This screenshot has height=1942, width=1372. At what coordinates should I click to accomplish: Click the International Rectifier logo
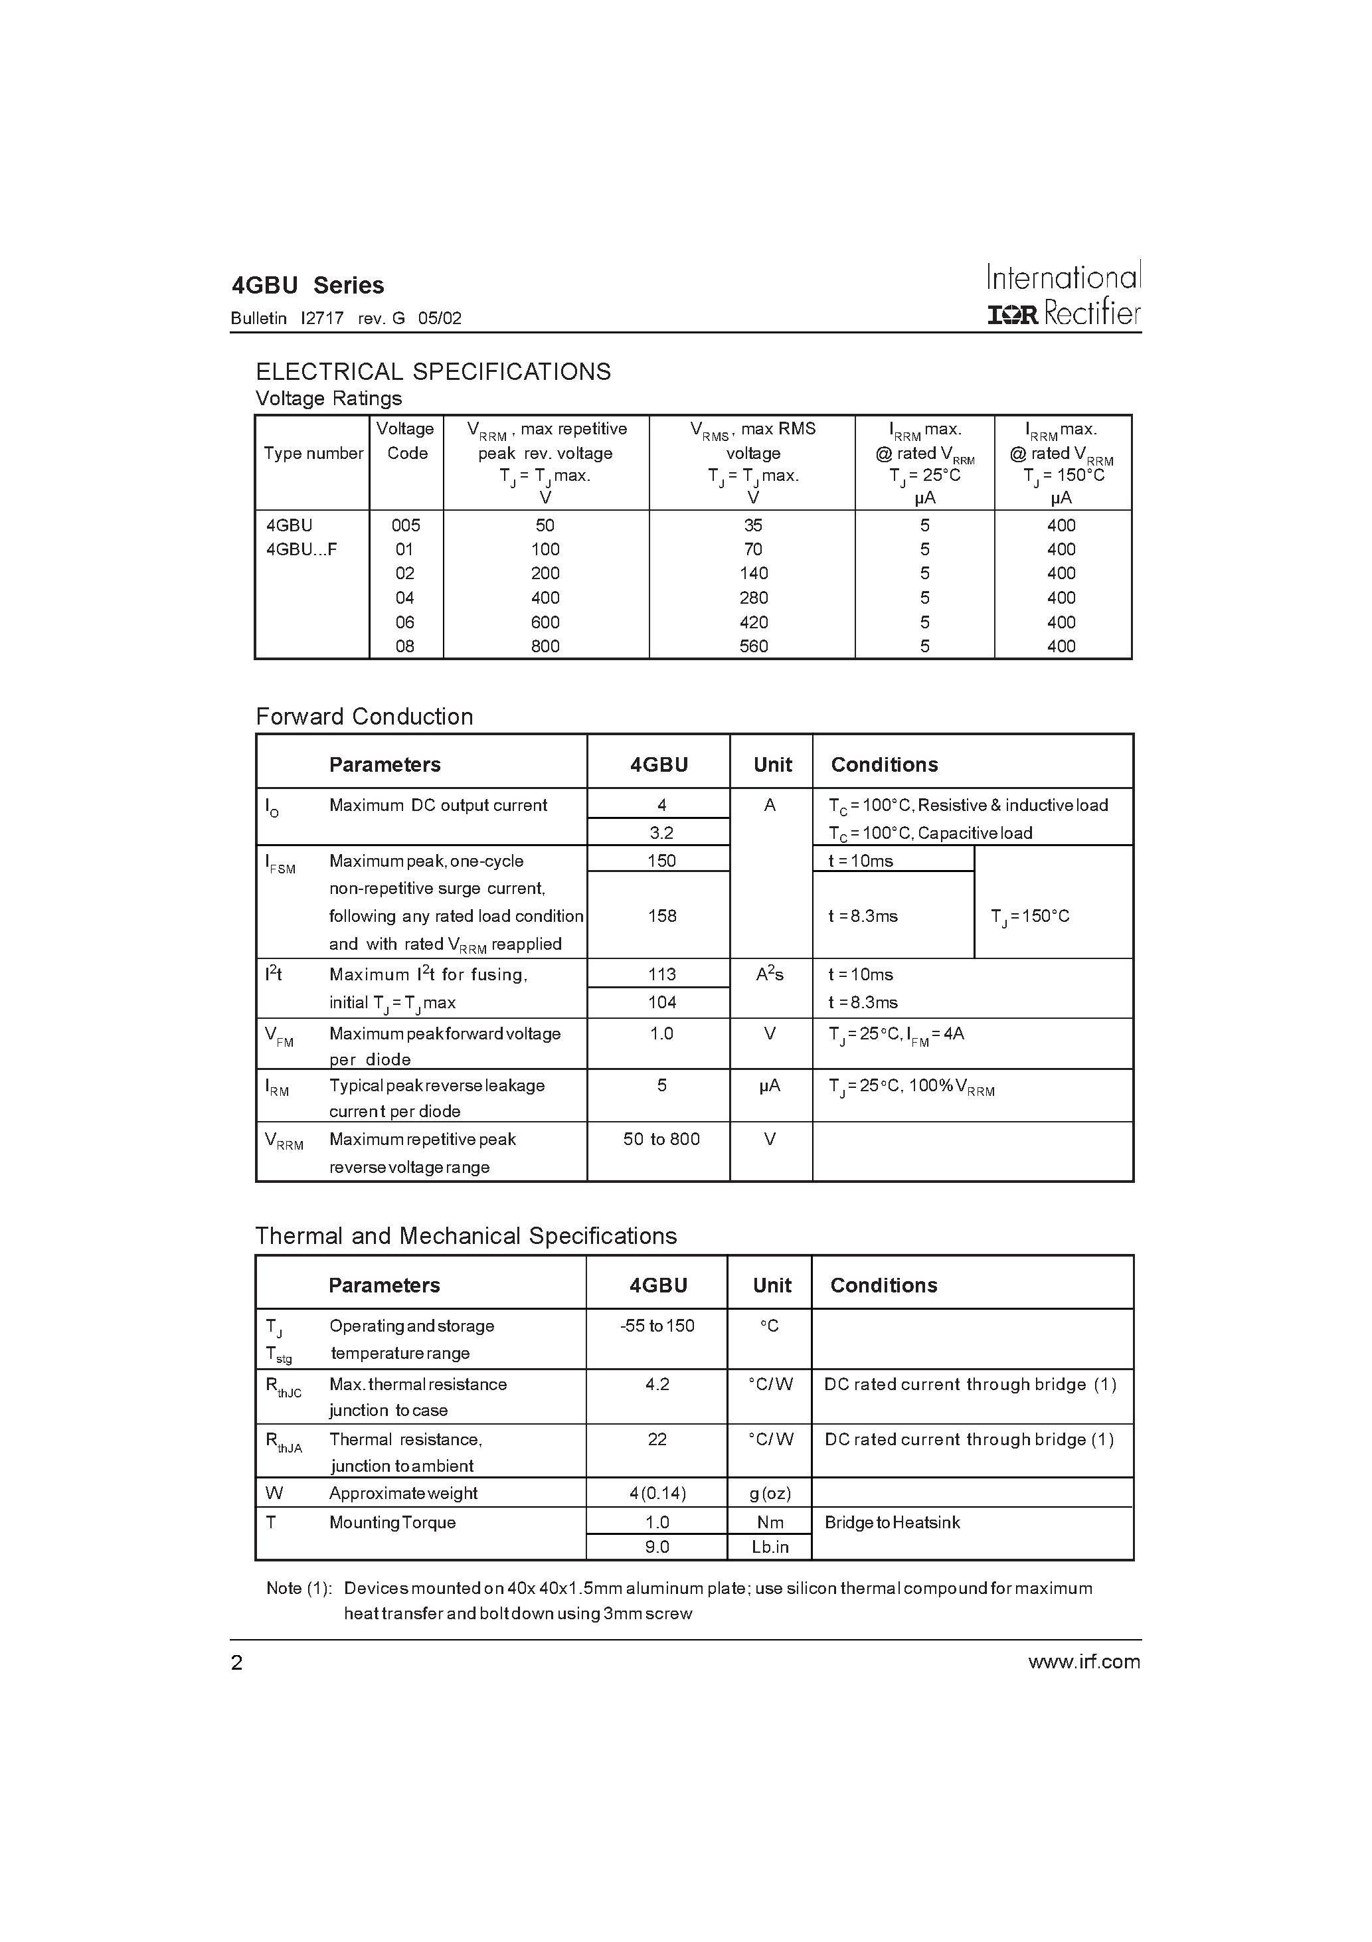1063,294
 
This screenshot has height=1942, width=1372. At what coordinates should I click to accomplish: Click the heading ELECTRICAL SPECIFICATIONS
433,372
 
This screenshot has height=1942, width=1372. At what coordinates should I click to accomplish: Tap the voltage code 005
406,525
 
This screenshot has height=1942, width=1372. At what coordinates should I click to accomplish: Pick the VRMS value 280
753,598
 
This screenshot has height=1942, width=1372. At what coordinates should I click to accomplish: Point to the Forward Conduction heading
364,717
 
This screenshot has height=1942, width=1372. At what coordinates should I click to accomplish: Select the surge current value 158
661,916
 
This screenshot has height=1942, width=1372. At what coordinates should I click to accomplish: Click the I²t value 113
661,974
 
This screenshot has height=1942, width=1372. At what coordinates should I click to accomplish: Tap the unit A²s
770,975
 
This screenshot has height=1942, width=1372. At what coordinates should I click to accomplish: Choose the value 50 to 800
661,1139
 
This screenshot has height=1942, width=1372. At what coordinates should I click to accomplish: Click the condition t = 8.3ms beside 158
863,916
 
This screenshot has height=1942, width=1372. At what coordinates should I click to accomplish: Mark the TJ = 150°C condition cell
1029,916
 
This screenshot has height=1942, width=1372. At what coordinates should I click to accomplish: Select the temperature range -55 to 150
657,1326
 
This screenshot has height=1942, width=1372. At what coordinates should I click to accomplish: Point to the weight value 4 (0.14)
657,1493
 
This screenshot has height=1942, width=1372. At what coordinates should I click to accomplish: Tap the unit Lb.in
770,1547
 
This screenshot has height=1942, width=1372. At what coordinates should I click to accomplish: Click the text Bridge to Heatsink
893,1522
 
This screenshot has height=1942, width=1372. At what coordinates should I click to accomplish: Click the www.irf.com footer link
1084,1662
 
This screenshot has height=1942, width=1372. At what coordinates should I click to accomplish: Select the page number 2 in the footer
237,1663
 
